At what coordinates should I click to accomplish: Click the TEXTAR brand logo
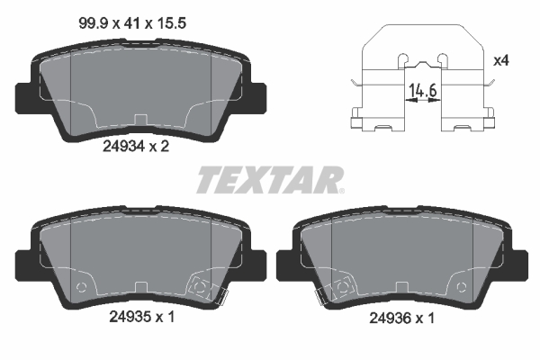[x=268, y=180]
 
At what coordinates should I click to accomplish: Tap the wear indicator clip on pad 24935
[x=202, y=288]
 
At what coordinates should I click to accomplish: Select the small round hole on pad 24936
[x=460, y=288]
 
